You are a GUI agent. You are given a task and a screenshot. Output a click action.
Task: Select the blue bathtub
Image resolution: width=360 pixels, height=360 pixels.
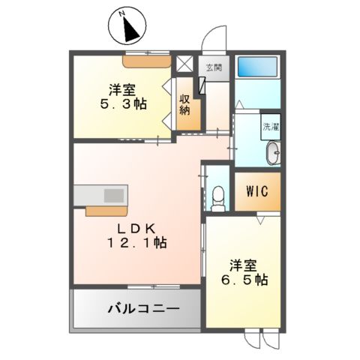pos(258,67)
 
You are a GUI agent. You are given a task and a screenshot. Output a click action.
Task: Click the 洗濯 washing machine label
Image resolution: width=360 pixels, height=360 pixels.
pos(270,127)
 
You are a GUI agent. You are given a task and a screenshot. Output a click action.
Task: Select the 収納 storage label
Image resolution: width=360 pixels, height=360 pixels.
pos(184,106)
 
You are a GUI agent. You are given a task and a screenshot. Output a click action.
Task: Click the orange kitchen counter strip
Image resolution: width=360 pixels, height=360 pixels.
pos(106,209)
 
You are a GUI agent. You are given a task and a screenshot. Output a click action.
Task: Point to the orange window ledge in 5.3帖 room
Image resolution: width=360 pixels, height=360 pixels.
pos(147,60)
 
